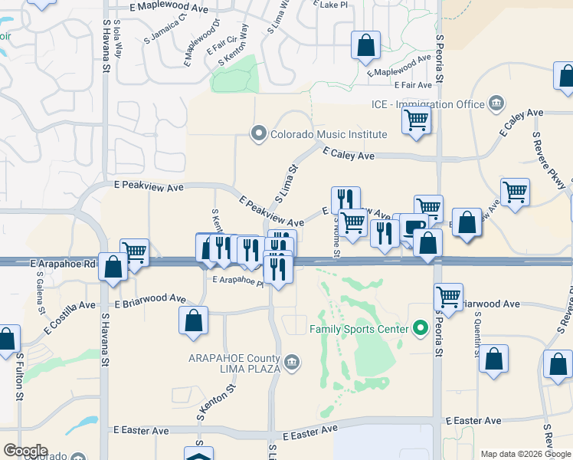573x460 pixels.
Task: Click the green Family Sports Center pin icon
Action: point(419,330)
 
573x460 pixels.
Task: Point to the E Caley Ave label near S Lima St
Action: point(348,155)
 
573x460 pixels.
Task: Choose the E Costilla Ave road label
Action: point(69,317)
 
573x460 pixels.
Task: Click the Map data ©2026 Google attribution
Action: point(526,454)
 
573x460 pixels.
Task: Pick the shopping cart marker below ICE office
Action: point(416,120)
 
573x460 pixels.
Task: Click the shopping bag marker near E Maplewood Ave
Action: point(366,44)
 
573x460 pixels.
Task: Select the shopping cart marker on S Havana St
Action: point(134,251)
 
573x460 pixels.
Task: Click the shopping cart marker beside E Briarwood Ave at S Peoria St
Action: point(448,296)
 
